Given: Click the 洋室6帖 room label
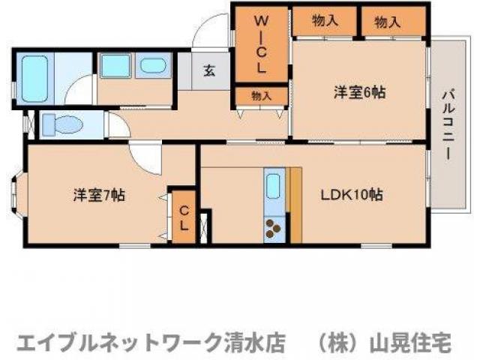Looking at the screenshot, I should click(x=359, y=93).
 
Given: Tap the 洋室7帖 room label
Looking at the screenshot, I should click(x=99, y=196).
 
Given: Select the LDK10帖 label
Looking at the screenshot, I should click(x=352, y=196).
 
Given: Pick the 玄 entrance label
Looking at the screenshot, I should click(x=209, y=72).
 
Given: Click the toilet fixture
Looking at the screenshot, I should click(x=59, y=124).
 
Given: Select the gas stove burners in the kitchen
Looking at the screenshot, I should click(x=274, y=227).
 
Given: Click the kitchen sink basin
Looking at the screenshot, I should click(x=274, y=185).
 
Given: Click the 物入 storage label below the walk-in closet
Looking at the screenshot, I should click(x=260, y=95).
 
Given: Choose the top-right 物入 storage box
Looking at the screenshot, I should click(x=387, y=22).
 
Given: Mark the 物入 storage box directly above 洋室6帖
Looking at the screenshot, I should click(x=324, y=22).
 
